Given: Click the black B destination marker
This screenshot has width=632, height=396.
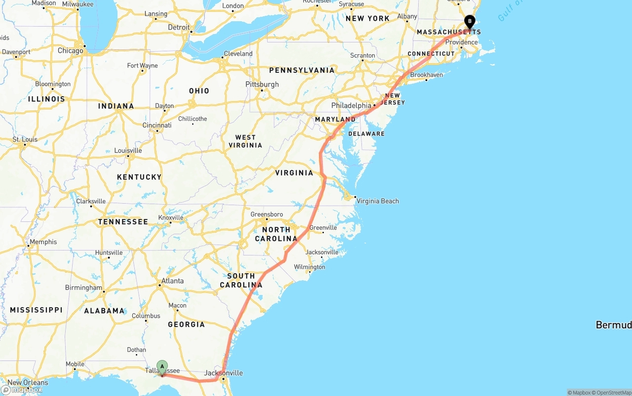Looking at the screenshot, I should coord(470,22).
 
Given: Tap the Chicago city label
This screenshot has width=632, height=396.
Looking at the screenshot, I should coord(71,51).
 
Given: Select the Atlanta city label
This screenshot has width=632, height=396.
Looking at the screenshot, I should coord(172,281).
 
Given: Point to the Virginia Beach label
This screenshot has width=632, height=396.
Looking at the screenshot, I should coord(378,201).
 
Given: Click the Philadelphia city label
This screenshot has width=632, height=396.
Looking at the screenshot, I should coord(351,106).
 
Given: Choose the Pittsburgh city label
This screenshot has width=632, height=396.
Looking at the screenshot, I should coord(262,84).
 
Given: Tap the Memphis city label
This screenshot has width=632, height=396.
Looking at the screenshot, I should coord(43,242).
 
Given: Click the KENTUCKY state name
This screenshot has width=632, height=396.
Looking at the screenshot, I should coord(139,177).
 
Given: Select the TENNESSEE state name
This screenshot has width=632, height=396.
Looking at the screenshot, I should coord(123,222).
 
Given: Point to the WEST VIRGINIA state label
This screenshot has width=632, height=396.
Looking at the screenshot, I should coord(245,141).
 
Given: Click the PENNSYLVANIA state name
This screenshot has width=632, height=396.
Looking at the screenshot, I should coord(302,71).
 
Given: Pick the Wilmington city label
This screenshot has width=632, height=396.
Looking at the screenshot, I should coord(310,267).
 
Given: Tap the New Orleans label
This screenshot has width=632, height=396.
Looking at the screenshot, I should coord(28,383).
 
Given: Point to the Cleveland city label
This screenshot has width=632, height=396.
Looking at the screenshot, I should coord(238,54).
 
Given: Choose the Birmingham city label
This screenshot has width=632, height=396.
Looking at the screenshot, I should coord(83,288).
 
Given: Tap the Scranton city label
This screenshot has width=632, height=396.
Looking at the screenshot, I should coord(363,56).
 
